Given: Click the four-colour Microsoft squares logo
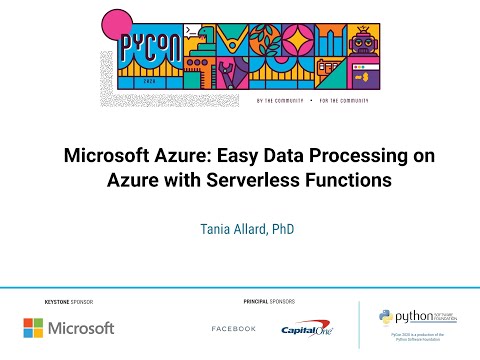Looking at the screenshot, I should (35, 328).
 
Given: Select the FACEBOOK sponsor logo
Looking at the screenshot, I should (234, 329).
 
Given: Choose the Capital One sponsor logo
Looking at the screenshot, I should (307, 328).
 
